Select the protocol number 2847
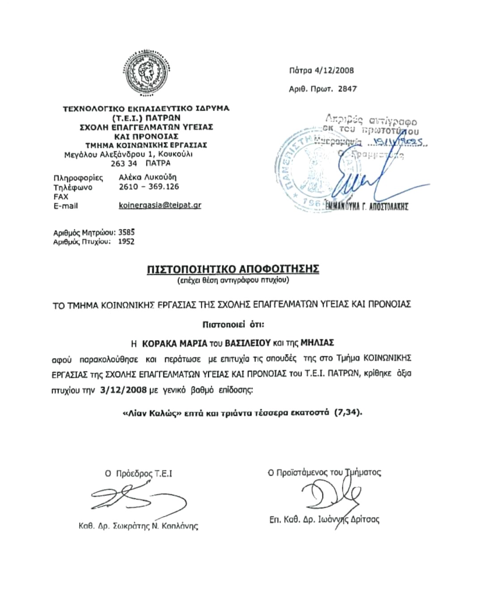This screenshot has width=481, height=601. click(x=347, y=89)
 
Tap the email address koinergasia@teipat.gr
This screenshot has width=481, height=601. click(x=160, y=205)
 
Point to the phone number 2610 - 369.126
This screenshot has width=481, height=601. click(x=149, y=187)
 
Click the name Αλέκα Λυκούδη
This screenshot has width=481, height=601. click(x=147, y=177)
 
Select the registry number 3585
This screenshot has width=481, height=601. click(x=126, y=232)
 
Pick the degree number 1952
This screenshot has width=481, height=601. click(x=126, y=242)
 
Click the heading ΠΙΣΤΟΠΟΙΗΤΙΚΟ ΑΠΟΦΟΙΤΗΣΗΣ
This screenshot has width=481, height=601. click(x=233, y=269)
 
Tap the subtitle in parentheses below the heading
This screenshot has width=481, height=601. click(x=233, y=281)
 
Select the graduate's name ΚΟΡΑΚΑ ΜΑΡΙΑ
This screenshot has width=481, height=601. click(x=175, y=343)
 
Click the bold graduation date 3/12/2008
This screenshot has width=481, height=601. click(x=124, y=390)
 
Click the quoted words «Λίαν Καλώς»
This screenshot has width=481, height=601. click(x=152, y=413)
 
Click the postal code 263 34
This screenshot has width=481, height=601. click(x=124, y=163)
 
